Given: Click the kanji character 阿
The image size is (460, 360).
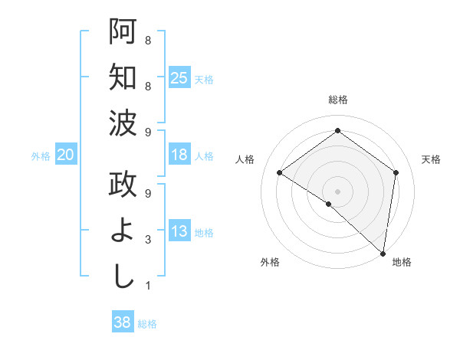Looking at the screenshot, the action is pos(123,32).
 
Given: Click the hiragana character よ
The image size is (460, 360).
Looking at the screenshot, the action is pos(123,232).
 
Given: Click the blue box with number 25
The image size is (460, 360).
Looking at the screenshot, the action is pos(179,77).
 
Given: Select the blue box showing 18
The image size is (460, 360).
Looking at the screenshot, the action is pos(179,155).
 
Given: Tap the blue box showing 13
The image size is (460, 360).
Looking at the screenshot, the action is pos(179,232).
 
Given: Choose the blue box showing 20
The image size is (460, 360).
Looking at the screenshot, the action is pos(65,155).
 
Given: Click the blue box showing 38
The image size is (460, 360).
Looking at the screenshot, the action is pos(122,322).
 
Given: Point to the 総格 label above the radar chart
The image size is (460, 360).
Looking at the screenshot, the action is pos(337,100).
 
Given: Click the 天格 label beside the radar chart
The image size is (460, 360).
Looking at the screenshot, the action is pos(431,159).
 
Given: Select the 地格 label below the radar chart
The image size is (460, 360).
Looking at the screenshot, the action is pos(402,263).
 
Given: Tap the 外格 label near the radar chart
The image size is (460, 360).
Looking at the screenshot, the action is pos(269,263).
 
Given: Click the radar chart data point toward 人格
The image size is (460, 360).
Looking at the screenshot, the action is pos(280,172).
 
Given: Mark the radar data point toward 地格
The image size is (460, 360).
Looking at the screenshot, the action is pos(383,253).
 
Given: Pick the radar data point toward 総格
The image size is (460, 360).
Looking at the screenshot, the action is pos(337,131).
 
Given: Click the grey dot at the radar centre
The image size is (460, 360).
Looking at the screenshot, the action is pos(337,191).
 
